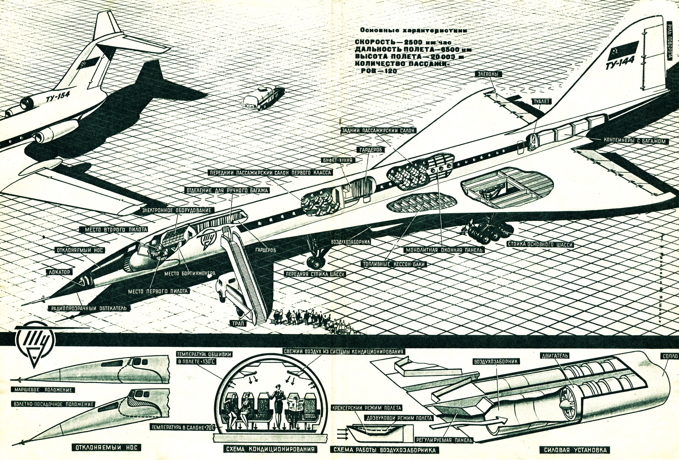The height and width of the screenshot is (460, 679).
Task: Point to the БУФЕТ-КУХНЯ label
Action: pos(338,160)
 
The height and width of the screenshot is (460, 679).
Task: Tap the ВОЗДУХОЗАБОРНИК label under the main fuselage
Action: pos(350,242)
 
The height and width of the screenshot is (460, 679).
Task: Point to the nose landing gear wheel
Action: pos(315,262)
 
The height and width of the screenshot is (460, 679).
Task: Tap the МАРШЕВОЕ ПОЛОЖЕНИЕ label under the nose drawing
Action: pos(43,390)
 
